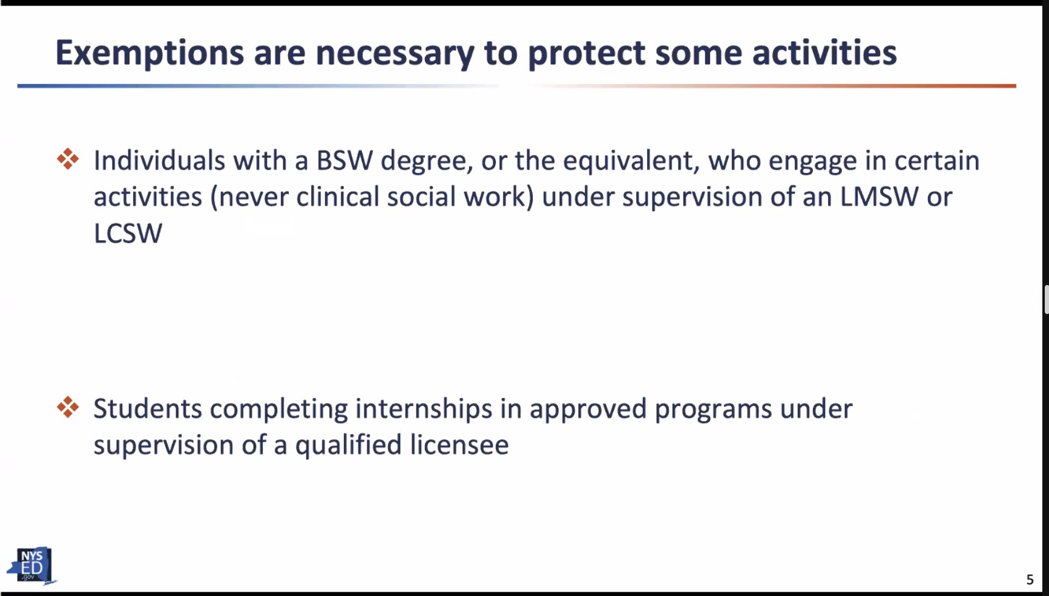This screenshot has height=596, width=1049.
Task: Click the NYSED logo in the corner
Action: click(x=31, y=566)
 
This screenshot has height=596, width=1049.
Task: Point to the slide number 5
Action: click(x=1030, y=580)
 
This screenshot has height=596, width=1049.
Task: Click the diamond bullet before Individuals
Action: click(x=68, y=159)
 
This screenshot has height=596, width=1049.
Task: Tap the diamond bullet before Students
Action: click(x=68, y=407)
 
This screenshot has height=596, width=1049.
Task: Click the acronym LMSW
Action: click(x=879, y=197)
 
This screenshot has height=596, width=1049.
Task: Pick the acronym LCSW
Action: click(x=128, y=234)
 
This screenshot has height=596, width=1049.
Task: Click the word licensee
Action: click(x=459, y=445)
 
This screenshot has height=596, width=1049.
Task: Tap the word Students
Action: click(x=148, y=409)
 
